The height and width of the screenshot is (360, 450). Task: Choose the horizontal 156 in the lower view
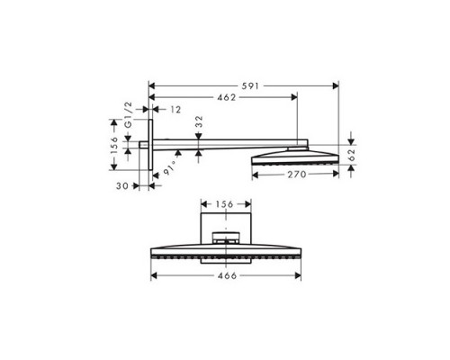[x=223, y=204]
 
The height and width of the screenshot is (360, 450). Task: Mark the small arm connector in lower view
[x=226, y=238]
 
